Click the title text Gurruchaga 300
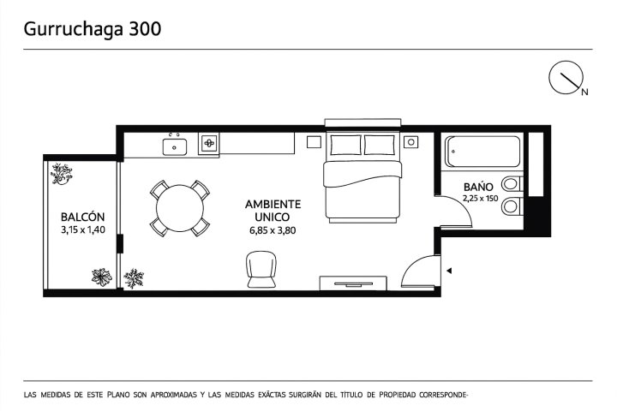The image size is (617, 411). [x=93, y=29]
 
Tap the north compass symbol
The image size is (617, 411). [x=566, y=78]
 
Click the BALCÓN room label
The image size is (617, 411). [x=82, y=217]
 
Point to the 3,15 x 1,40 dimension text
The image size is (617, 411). [x=83, y=229]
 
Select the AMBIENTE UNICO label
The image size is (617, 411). [x=273, y=211]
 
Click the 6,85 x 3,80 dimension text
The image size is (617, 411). [x=273, y=230]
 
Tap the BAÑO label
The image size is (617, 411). [x=478, y=187]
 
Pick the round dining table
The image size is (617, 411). [x=180, y=208]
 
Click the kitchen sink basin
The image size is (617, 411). [x=175, y=146]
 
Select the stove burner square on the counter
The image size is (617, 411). [x=209, y=143]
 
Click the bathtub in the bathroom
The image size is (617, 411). [x=482, y=152]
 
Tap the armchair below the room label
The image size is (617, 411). [x=261, y=269]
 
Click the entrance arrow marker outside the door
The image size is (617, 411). [x=449, y=271]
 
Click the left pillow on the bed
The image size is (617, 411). [x=345, y=145]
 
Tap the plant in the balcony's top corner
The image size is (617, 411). [x=61, y=174]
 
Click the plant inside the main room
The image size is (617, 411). [x=134, y=278]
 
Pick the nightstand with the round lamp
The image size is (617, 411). [x=410, y=142]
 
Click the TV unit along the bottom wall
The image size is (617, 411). [x=353, y=283]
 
